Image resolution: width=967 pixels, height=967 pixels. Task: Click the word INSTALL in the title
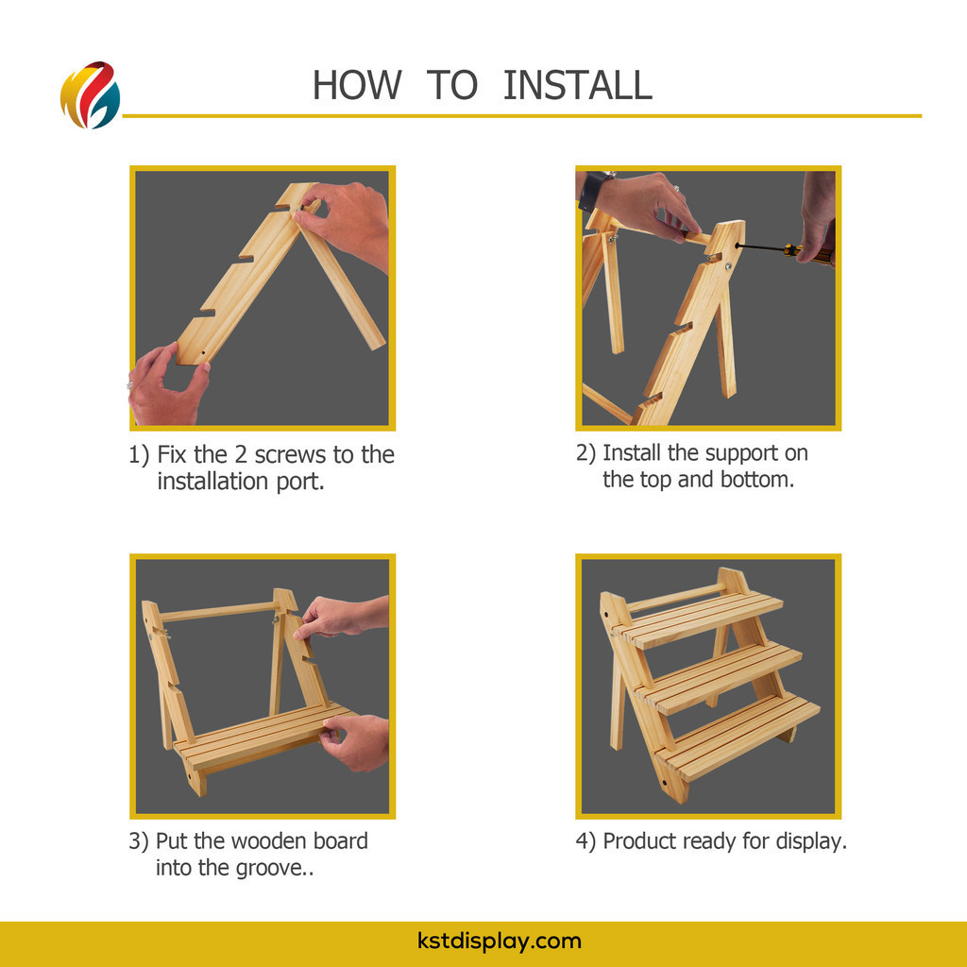577,85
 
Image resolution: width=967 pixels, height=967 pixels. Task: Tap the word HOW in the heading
357,85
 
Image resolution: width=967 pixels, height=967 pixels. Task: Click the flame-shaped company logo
90,95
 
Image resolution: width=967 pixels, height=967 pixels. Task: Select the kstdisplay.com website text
499,942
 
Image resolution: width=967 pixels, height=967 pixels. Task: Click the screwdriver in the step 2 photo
785,249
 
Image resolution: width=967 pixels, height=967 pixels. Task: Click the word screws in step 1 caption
291,455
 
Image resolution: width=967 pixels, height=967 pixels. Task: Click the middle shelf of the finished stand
719,677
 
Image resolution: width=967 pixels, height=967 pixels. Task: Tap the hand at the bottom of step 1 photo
166,386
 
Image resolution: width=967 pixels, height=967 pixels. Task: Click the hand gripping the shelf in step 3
356,743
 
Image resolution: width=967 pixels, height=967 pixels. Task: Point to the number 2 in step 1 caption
241,455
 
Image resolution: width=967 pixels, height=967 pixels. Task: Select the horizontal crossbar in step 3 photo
218,612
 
